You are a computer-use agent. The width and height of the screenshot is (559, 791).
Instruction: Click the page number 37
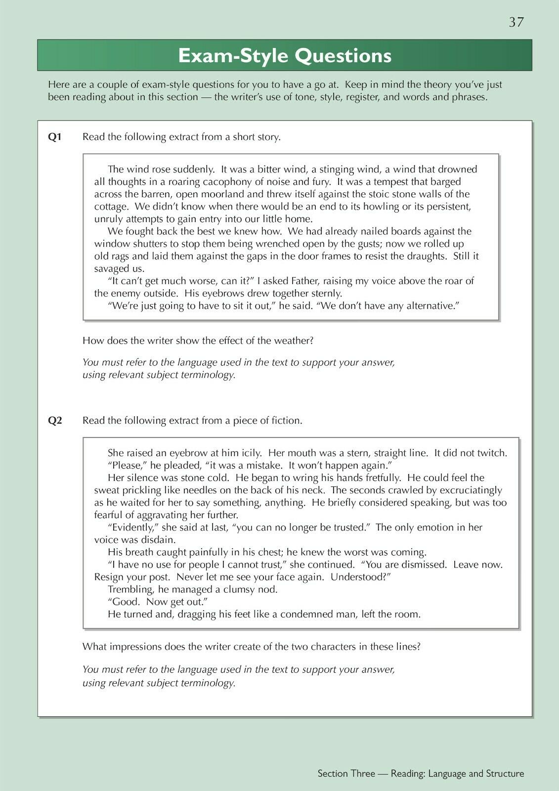tap(516, 22)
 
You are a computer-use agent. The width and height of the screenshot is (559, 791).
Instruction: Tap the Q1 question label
tap(54, 137)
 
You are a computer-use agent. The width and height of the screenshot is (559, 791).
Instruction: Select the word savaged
tap(112, 268)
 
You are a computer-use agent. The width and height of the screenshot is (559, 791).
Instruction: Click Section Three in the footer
tap(346, 774)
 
